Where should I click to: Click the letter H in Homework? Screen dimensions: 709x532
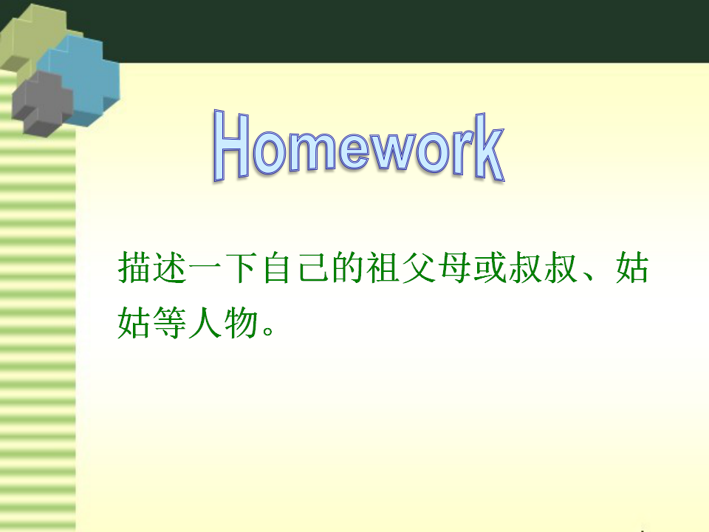click(230, 145)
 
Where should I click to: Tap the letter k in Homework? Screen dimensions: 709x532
click(489, 147)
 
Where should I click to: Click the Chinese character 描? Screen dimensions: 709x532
click(134, 267)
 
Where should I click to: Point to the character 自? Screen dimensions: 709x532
click(276, 267)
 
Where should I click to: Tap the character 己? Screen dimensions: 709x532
click(312, 267)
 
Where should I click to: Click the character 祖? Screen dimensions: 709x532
click(383, 267)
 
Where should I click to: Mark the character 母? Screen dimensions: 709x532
click(453, 267)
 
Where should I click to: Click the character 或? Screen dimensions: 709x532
click(489, 267)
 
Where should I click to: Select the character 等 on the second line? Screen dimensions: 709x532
click(170, 323)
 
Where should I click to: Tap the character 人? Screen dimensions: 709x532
click(205, 323)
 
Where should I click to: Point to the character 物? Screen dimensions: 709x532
click(241, 323)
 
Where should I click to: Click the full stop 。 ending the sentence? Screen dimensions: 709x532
click(268, 330)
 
